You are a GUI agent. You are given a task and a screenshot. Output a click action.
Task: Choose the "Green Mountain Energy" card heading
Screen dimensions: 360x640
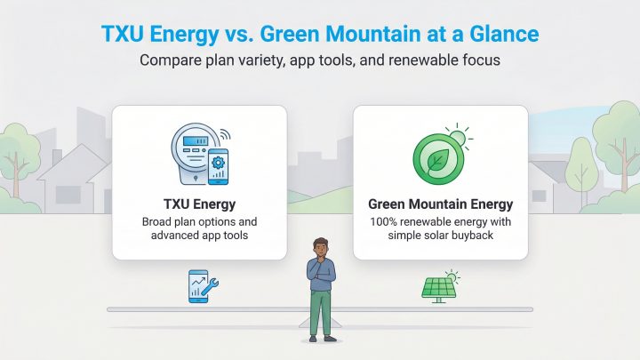pyautogui.click(x=441, y=204)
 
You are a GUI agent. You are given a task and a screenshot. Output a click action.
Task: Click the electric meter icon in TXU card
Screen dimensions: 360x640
pyautogui.click(x=190, y=151)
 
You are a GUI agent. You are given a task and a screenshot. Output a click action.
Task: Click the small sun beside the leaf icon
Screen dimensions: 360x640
pyautogui.click(x=460, y=136)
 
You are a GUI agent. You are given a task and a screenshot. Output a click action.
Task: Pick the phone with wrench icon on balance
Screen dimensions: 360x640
pyautogui.click(x=201, y=286)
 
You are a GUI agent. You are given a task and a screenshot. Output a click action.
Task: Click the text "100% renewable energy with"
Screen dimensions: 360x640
pyautogui.click(x=441, y=220)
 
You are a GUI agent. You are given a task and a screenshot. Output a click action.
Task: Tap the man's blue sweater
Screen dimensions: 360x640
pyautogui.click(x=322, y=276)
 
